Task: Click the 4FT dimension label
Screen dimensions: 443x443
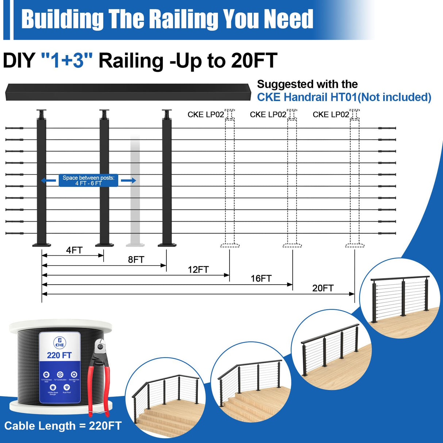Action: (74, 250)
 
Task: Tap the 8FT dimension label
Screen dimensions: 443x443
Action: (136, 259)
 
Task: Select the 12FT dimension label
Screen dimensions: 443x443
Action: (198, 270)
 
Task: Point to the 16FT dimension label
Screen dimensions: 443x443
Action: (261, 279)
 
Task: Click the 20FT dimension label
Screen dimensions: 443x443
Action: (323, 288)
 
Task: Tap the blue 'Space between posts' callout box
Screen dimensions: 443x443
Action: (88, 180)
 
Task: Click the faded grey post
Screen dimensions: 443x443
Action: (135, 190)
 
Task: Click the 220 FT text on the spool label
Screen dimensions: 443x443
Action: (59, 355)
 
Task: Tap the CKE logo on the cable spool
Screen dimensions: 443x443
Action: (59, 342)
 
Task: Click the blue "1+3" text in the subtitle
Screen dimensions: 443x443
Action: (67, 61)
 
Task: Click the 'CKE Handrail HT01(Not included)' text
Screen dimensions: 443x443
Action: (344, 97)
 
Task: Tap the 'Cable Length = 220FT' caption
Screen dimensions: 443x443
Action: (63, 426)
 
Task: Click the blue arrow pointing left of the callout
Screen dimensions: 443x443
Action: (48, 180)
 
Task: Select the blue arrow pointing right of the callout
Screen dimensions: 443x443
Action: (128, 180)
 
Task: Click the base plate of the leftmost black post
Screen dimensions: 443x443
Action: (42, 244)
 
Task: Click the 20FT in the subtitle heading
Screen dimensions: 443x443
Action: (254, 61)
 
